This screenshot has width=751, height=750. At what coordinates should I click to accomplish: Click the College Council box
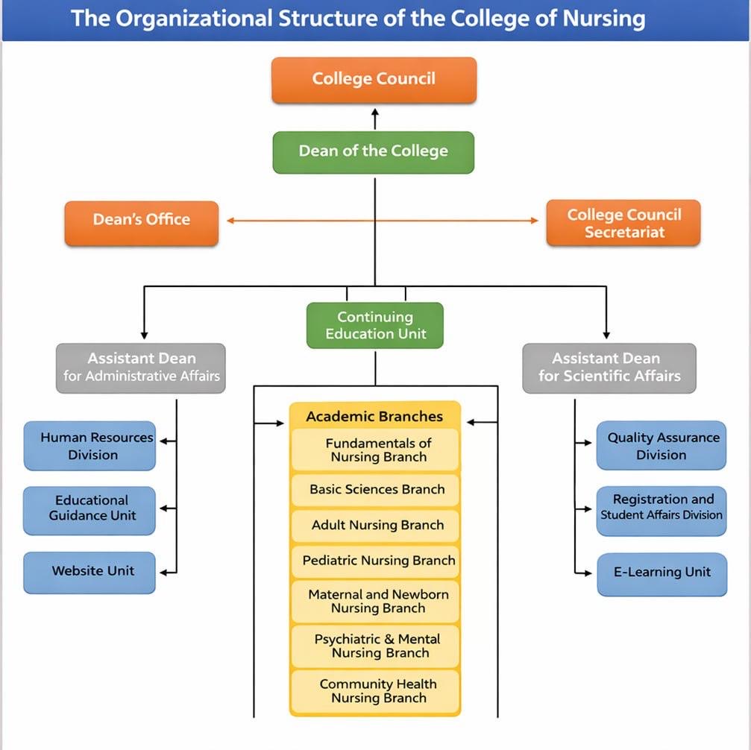[x=374, y=80]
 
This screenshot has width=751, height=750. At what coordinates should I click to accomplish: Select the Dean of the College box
[x=374, y=152]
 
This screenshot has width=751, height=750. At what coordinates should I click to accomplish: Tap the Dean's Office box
[x=142, y=221]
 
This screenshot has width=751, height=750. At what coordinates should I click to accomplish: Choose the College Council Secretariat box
[x=623, y=223]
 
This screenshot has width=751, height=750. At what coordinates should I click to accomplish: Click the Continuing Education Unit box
[x=375, y=326]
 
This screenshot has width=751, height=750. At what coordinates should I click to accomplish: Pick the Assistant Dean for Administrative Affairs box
[x=141, y=368]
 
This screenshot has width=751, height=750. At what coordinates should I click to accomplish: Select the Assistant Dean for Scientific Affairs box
[x=609, y=368]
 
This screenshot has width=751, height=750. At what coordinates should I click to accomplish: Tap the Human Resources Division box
[x=89, y=446]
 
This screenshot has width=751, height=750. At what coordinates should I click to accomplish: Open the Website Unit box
[x=89, y=572]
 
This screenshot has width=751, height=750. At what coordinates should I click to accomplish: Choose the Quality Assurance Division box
[x=662, y=446]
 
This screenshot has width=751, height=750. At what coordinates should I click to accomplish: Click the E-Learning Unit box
[x=662, y=573]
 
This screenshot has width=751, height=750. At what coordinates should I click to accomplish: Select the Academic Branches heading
[x=374, y=416]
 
